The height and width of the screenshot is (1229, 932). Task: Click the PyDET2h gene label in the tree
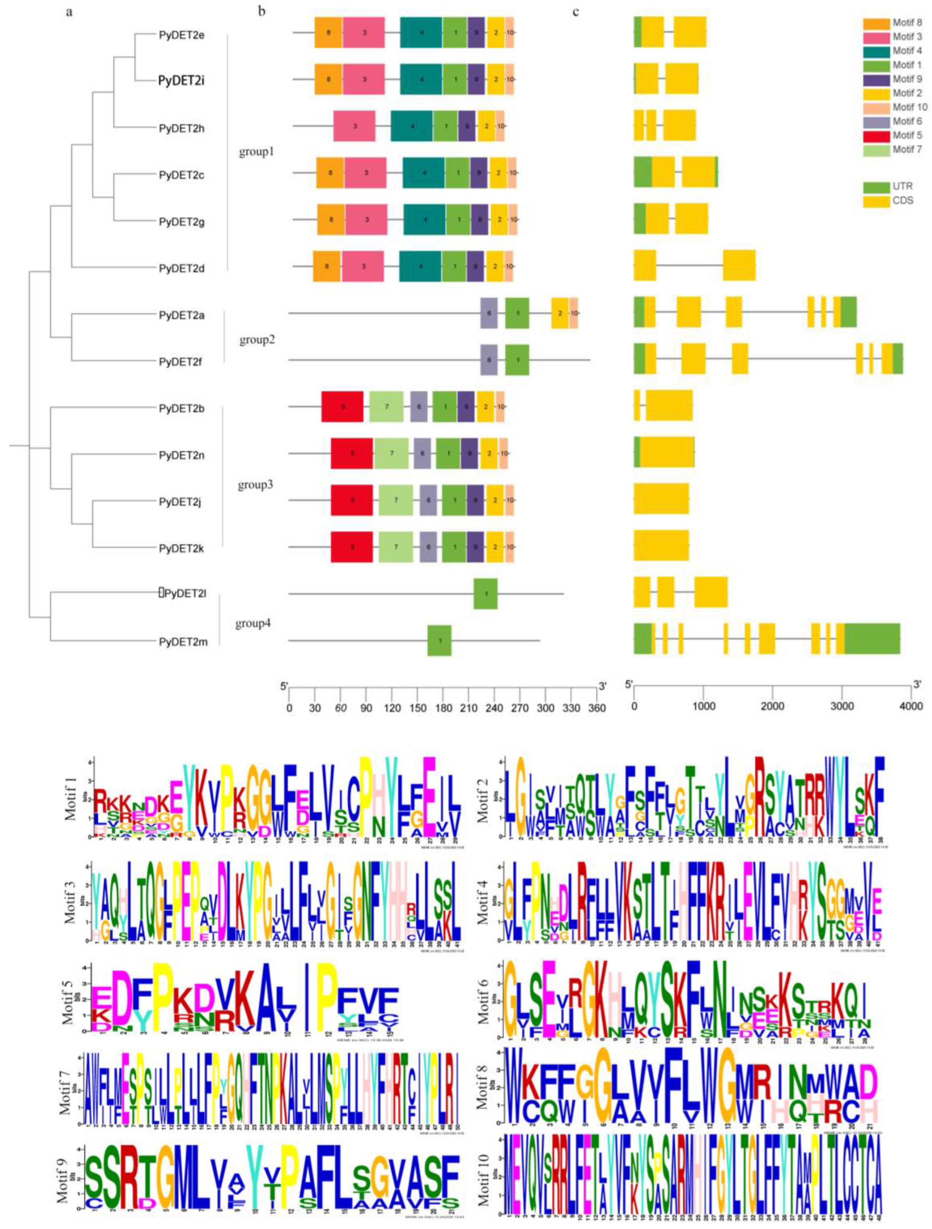click(x=181, y=128)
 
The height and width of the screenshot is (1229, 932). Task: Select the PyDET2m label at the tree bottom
click(x=183, y=642)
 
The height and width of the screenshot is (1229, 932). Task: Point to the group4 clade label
click(x=252, y=623)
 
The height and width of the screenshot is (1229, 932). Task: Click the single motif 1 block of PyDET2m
click(x=439, y=641)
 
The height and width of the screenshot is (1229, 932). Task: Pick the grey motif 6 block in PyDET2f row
click(x=489, y=360)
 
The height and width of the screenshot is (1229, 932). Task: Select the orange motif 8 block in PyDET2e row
click(x=328, y=32)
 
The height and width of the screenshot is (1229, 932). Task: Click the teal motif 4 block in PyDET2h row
click(x=412, y=127)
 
